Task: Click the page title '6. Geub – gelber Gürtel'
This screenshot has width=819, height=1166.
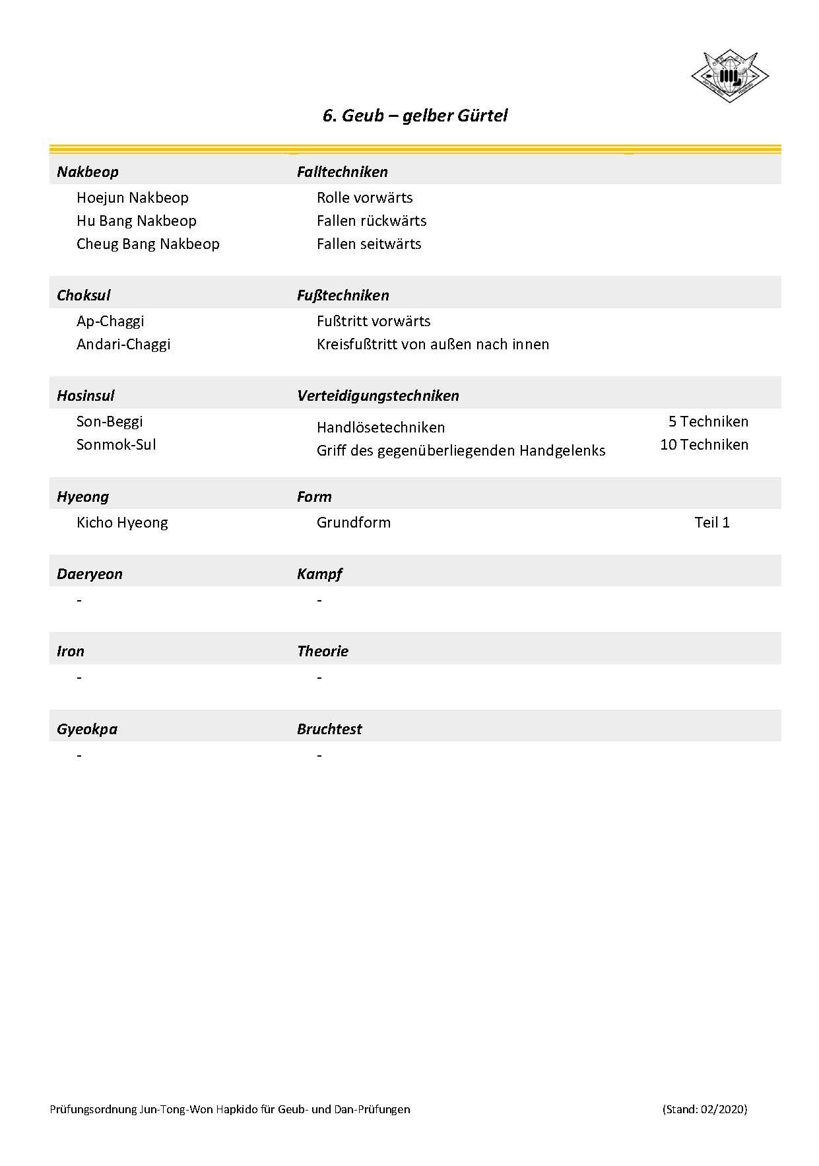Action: click(x=414, y=116)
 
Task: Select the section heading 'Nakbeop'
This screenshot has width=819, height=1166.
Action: click(x=88, y=172)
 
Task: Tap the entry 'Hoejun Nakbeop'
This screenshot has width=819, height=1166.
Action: click(x=133, y=197)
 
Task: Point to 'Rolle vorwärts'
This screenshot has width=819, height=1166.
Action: click(x=364, y=197)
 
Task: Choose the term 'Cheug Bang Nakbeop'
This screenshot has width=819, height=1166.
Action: click(x=148, y=244)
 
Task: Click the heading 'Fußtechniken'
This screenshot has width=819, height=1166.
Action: click(x=343, y=295)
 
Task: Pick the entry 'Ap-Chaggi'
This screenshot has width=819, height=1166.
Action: click(x=110, y=321)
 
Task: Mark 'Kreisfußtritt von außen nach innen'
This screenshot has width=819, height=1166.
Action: click(x=433, y=344)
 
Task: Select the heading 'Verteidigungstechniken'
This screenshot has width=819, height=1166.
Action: click(x=377, y=395)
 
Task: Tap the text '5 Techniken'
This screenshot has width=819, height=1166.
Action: click(x=708, y=421)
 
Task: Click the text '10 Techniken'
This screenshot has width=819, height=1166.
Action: click(x=704, y=444)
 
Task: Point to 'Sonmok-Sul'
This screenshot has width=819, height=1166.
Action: click(x=116, y=444)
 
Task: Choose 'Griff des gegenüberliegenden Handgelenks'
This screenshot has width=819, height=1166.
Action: click(x=461, y=451)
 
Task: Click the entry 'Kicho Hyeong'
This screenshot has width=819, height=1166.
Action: click(x=122, y=522)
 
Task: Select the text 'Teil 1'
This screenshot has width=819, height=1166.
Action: click(x=712, y=522)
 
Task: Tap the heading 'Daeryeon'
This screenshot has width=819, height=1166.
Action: click(x=90, y=574)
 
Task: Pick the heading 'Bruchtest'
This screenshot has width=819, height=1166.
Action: click(x=329, y=729)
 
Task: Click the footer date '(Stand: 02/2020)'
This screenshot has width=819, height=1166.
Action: click(x=705, y=1109)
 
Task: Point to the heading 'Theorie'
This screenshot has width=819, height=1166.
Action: click(x=323, y=651)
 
